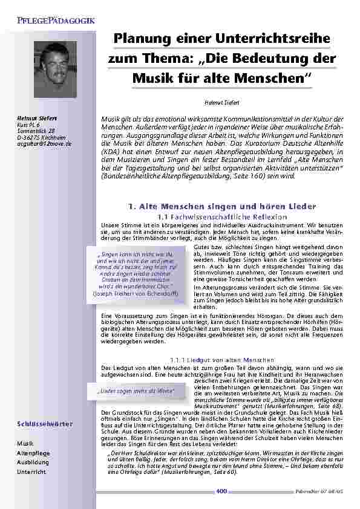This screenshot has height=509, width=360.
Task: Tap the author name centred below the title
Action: pos(222,103)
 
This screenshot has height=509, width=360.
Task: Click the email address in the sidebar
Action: pos(44,144)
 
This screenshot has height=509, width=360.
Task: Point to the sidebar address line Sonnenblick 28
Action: pos(36,131)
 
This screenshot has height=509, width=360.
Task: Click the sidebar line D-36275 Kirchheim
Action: pos(38,137)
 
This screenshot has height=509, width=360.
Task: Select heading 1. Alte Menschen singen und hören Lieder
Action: pos(222,206)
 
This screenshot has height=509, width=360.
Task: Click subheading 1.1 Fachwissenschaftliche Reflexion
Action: pos(221,216)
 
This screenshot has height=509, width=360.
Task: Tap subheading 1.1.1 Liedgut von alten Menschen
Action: pos(221,360)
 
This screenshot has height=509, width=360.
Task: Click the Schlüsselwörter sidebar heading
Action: pos(45,424)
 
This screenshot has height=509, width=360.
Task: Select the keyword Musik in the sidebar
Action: pos(25,443)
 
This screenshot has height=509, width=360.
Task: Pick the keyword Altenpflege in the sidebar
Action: pos(33,453)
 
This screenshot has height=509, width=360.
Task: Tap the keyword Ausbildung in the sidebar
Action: pos(33,462)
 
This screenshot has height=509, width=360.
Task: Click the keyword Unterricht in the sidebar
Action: pos(31,472)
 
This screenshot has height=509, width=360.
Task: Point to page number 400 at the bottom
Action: pos(221,491)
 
